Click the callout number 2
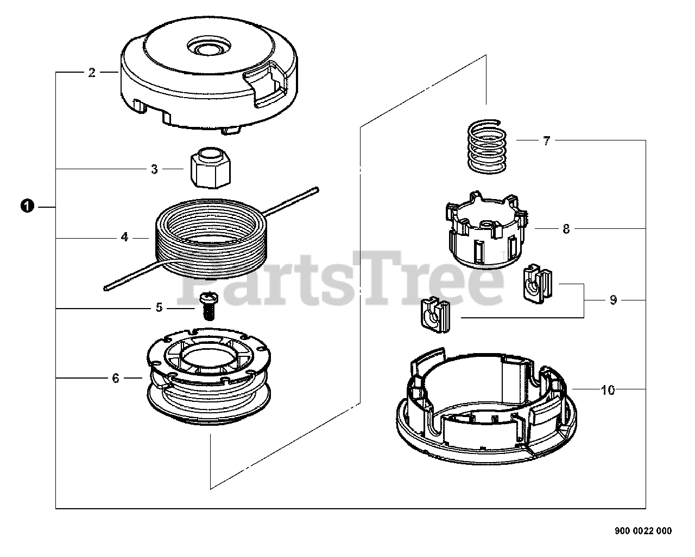92,73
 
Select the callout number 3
154,169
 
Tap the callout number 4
124,237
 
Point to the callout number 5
159,308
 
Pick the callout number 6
115,378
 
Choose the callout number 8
566,229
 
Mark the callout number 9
613,300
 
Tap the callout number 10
608,389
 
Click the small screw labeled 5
207,305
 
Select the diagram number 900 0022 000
643,531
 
